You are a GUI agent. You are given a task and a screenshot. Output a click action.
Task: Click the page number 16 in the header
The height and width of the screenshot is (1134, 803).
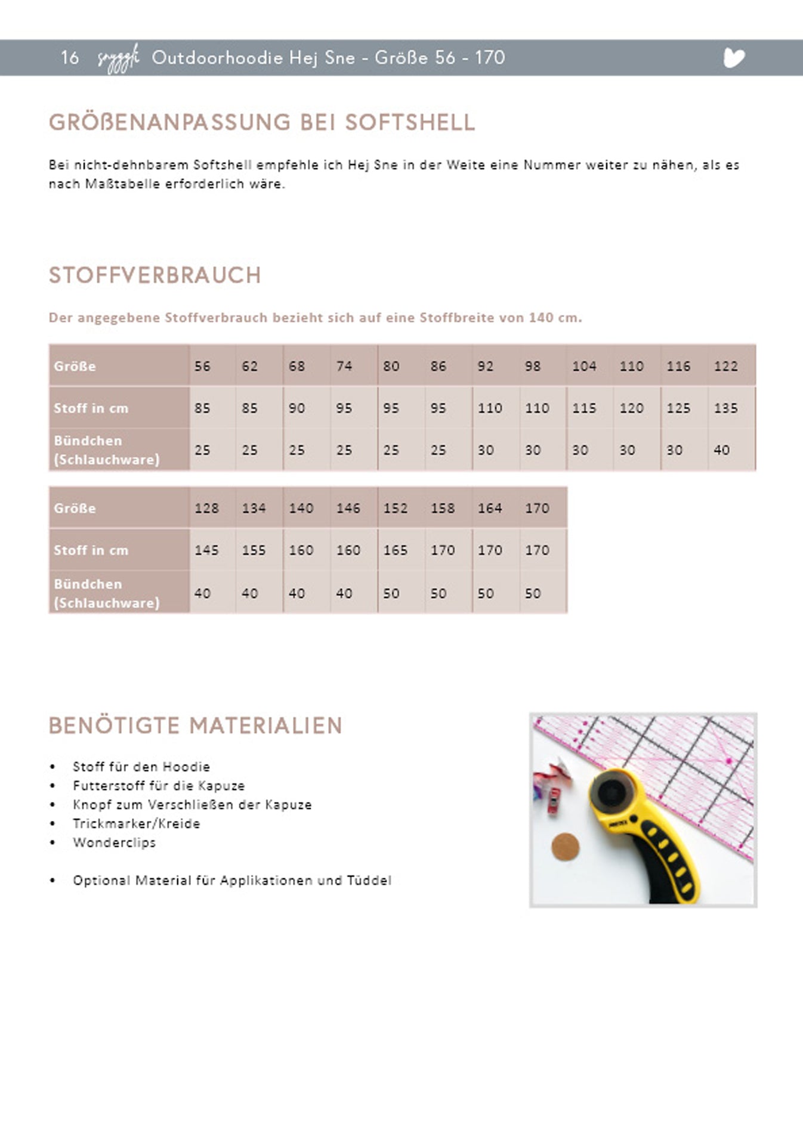[x=69, y=58]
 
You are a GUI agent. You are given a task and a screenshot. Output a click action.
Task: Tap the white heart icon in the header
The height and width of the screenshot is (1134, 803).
[x=734, y=58]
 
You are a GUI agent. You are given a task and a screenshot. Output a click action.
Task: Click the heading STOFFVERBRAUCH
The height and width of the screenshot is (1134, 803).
[x=155, y=275]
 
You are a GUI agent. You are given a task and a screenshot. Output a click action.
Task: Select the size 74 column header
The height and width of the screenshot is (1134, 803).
[x=344, y=366]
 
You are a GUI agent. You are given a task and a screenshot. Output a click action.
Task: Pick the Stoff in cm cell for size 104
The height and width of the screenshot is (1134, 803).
[x=583, y=408]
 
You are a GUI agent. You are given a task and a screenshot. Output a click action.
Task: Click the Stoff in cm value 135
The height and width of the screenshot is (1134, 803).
[x=725, y=408]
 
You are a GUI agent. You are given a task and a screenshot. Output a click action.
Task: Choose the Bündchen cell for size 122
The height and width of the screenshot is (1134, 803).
[x=721, y=450]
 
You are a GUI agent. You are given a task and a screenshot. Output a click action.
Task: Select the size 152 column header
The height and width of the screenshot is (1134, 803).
[x=395, y=508]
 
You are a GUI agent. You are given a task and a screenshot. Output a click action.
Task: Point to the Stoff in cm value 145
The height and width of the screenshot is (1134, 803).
[x=206, y=550]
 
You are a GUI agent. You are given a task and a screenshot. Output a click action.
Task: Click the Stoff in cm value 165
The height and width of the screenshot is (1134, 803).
[x=395, y=550]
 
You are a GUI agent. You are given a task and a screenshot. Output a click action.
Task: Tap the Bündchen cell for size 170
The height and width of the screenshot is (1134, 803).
[x=533, y=593]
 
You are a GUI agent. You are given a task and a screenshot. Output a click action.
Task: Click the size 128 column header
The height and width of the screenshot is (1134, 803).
[x=206, y=508]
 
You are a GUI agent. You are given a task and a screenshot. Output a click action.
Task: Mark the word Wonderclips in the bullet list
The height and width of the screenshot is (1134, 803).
[x=114, y=842]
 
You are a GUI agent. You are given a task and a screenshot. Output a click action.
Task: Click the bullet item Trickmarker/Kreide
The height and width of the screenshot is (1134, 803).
[x=136, y=823]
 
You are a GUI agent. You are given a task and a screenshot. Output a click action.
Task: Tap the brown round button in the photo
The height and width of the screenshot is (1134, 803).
[x=565, y=847]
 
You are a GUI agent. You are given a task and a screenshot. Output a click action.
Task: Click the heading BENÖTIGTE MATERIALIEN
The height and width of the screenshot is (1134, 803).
[x=195, y=726]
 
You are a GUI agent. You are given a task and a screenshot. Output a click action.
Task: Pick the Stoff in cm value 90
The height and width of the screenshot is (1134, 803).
[x=297, y=408]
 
